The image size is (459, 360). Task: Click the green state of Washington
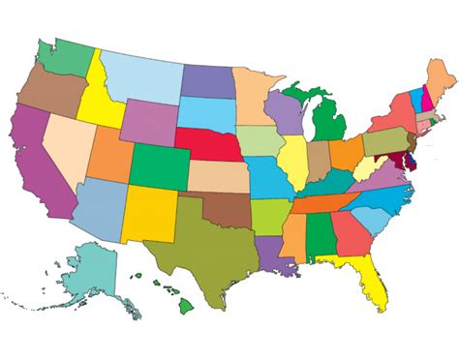coord(64,59)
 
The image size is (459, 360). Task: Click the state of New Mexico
coord(147,213)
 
